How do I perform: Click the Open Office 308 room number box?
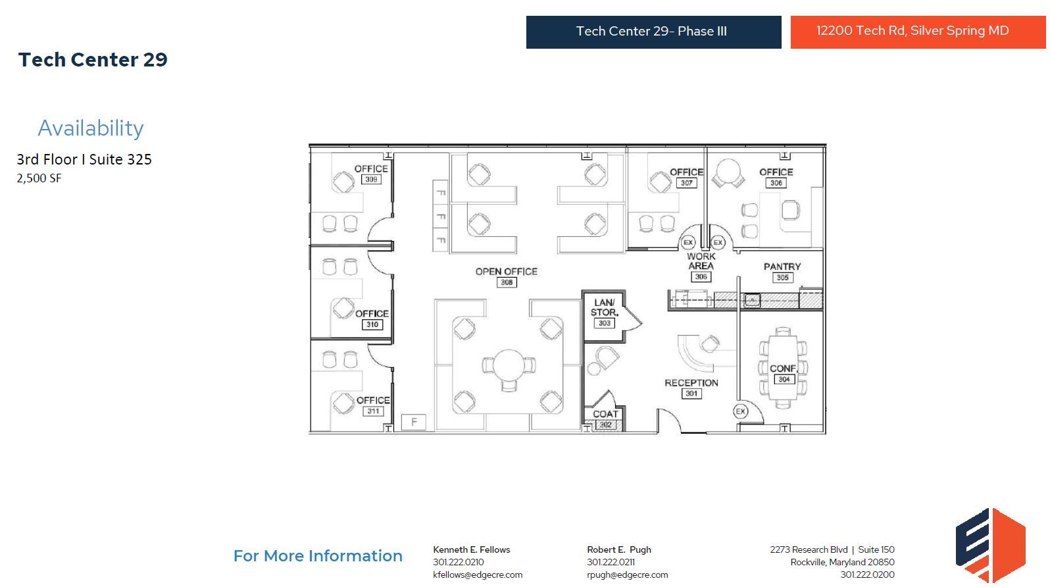(x=507, y=282)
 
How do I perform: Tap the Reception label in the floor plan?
(x=691, y=382)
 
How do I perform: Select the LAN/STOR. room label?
(x=604, y=307)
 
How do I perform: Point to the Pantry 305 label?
(x=782, y=267)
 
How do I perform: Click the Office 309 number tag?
(x=371, y=180)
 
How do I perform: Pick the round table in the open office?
(x=508, y=365)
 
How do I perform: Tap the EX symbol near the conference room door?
(x=741, y=411)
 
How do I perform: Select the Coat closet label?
(x=605, y=414)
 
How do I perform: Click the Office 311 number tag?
(x=373, y=411)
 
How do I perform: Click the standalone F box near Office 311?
(x=414, y=422)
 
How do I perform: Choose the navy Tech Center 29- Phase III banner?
(x=653, y=32)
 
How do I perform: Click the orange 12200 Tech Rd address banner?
(x=917, y=32)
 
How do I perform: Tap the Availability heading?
(x=91, y=128)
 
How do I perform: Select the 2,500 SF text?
(x=39, y=178)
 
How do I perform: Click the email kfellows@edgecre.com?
(x=478, y=574)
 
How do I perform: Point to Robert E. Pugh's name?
(x=618, y=549)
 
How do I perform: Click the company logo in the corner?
(x=989, y=545)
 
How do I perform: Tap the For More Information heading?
(x=318, y=556)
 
